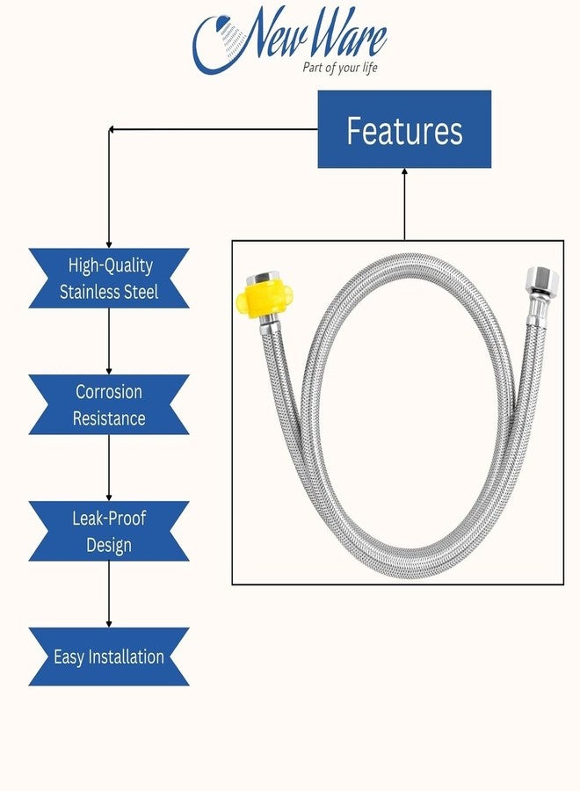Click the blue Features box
[x=404, y=130]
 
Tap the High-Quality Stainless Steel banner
[x=109, y=279]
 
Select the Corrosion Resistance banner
[x=109, y=405]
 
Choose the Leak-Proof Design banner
[x=109, y=532]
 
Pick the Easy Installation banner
[x=109, y=657]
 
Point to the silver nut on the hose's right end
[x=535, y=284]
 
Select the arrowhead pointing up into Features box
[x=404, y=173]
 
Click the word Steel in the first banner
[x=136, y=292]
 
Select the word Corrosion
[x=109, y=392]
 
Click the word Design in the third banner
[x=109, y=545]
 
